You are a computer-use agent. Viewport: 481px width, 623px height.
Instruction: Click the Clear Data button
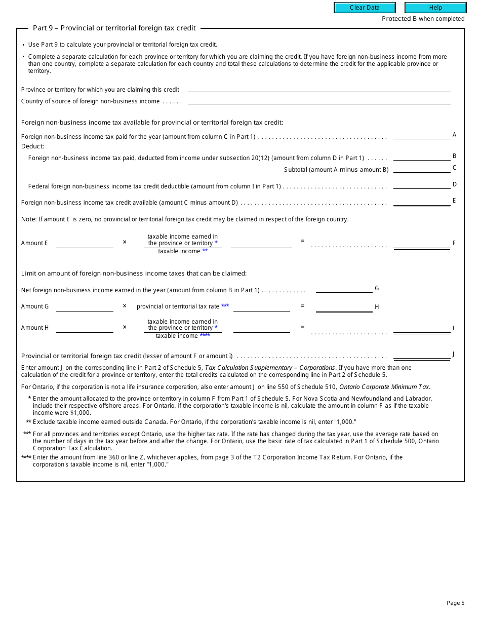(x=365, y=8)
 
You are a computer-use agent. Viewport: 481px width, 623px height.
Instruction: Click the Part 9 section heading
(x=114, y=28)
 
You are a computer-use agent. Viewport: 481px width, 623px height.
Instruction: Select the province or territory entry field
(x=319, y=88)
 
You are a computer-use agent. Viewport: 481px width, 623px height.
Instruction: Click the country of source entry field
(x=319, y=100)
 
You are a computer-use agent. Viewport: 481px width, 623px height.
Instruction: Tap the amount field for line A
(x=421, y=135)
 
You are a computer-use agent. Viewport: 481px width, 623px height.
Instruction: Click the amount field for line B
(x=421, y=157)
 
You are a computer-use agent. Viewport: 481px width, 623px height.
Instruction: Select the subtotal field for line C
(x=421, y=169)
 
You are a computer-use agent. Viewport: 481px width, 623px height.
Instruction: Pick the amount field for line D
(x=421, y=185)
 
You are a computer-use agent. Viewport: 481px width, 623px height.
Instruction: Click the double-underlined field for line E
(x=421, y=202)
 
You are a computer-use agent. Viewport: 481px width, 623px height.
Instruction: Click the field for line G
(x=344, y=289)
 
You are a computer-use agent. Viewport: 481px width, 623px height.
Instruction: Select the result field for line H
(x=344, y=307)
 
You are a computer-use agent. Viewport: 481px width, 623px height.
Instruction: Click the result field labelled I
(x=421, y=329)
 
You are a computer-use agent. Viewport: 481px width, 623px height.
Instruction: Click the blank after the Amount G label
(x=85, y=307)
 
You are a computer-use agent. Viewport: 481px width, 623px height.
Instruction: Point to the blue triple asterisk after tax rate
(x=225, y=306)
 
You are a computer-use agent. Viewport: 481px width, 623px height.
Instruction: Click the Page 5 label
(x=455, y=603)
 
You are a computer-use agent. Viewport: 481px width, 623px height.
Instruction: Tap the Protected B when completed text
(x=423, y=19)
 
